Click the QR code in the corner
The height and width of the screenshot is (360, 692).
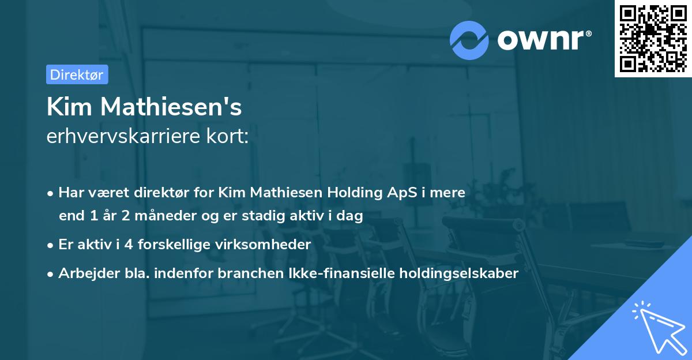click(653, 39)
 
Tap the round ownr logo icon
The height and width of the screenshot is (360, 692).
click(469, 40)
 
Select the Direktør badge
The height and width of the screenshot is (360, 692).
click(77, 74)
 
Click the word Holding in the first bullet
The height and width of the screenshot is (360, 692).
click(358, 192)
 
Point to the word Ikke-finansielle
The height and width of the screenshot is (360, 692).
click(339, 273)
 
